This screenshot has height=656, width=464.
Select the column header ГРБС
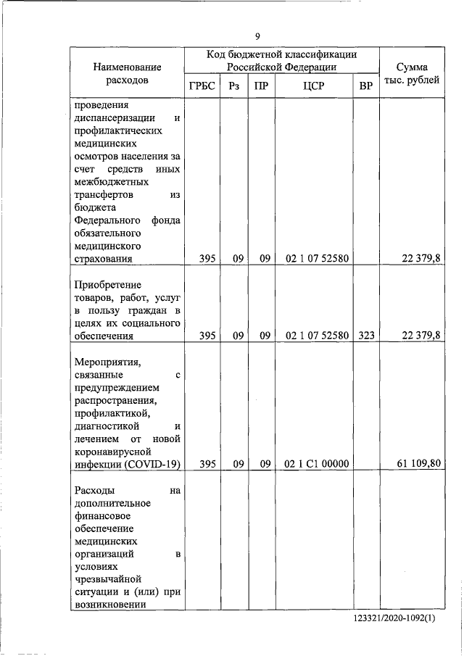tap(202, 86)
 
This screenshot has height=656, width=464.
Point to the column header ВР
tap(366, 86)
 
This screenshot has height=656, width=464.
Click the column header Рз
tap(233, 86)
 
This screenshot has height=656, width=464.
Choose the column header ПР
tap(261, 86)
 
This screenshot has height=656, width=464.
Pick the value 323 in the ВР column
tap(366, 336)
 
